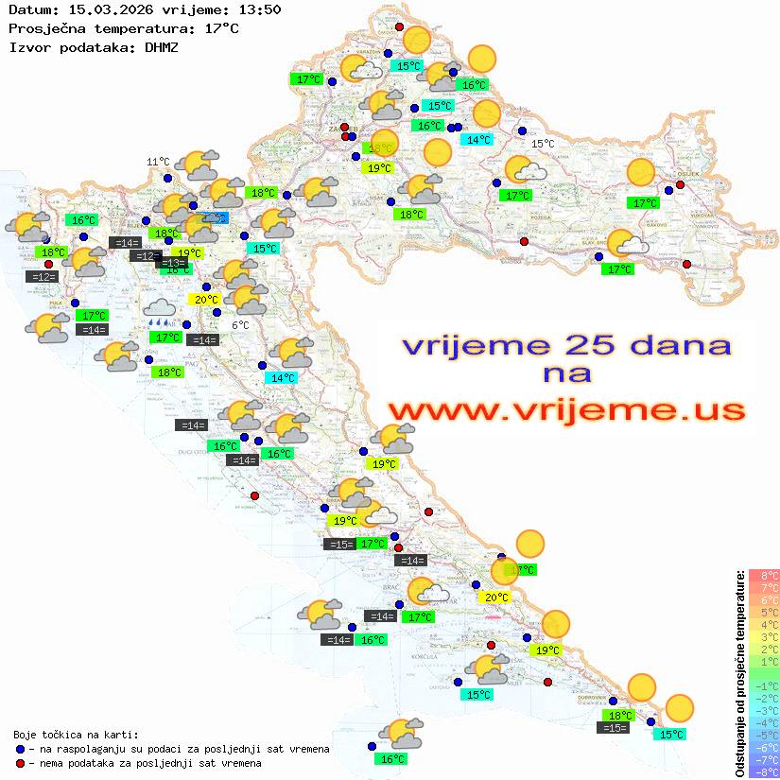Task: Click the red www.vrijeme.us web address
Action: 566,409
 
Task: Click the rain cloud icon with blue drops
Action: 159,311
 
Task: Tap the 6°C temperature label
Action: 240,325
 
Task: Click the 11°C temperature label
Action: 158,162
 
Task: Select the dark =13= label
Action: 171,262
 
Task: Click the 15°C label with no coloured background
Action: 542,144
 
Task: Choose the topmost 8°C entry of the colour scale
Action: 763,576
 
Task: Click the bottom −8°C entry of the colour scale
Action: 763,771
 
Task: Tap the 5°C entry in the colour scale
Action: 763,613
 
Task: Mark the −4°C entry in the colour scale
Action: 763,722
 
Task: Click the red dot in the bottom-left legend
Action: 20,762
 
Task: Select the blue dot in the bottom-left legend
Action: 20,749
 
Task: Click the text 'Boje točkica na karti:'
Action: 75,735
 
